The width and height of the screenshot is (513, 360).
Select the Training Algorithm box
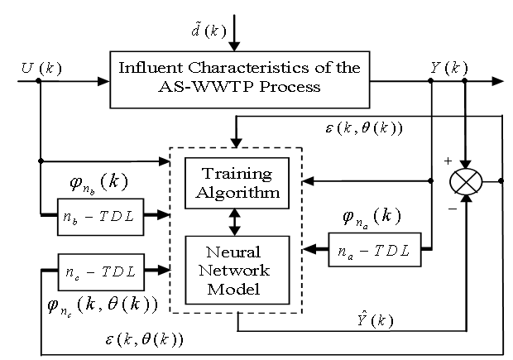point(236,183)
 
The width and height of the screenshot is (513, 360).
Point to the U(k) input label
point(36,65)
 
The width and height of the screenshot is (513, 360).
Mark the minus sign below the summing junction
point(452,209)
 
